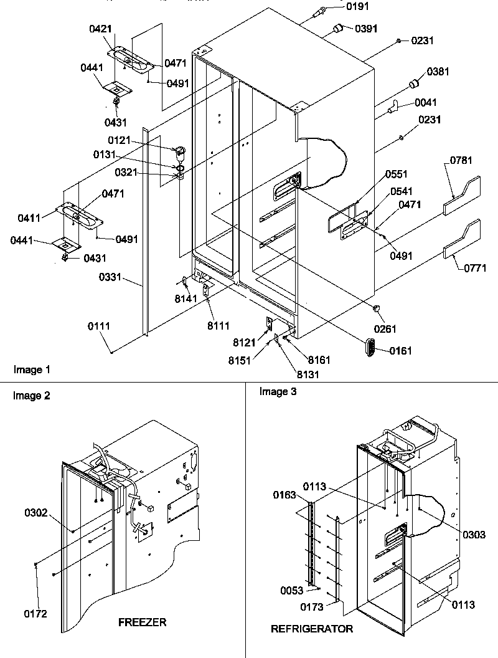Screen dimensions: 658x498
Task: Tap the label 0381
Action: click(x=438, y=72)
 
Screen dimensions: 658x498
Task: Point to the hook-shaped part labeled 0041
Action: click(x=392, y=110)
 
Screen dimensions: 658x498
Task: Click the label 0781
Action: click(x=458, y=162)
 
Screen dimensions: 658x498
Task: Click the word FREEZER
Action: click(x=142, y=622)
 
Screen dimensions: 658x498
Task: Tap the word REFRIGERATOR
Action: click(x=311, y=629)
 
